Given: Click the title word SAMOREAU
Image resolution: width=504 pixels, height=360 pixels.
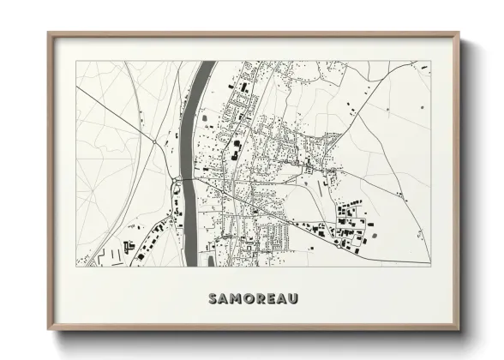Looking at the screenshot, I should (x=252, y=298).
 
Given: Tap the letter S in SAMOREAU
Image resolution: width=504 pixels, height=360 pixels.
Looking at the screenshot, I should (x=213, y=298).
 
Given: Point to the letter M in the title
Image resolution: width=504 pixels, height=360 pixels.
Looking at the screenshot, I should (x=236, y=298).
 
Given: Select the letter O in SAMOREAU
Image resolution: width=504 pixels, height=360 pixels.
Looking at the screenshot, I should (x=249, y=298).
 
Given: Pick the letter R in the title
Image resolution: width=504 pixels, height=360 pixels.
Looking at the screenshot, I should (x=260, y=298).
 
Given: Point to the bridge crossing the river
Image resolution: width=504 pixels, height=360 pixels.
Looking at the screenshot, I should (x=186, y=179).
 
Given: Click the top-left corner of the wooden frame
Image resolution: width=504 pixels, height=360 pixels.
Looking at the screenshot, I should (x=49, y=33).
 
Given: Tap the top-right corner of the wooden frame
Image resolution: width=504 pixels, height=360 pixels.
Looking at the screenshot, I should (x=459, y=33).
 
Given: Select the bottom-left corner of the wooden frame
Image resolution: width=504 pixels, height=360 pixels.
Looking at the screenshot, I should (x=49, y=330).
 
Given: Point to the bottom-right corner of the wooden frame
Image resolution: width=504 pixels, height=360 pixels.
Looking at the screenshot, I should (x=459, y=330).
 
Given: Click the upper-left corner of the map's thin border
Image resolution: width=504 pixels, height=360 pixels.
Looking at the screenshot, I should (x=75, y=61).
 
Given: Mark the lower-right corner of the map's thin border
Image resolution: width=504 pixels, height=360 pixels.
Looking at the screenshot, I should (x=430, y=267).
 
